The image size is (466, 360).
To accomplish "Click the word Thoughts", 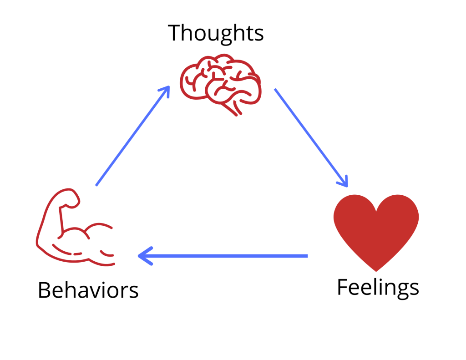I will [x=216, y=33].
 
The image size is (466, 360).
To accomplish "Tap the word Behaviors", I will [x=88, y=290].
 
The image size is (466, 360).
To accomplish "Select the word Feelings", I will [x=378, y=287].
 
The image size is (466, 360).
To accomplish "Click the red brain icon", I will [x=221, y=83].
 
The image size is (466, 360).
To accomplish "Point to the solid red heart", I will [x=376, y=230].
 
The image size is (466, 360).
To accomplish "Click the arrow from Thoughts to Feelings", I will [x=311, y=137].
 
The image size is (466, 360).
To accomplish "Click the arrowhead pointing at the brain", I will [x=166, y=90].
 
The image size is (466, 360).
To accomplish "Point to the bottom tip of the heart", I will [x=376, y=270].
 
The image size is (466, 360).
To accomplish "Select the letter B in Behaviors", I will [x=44, y=290].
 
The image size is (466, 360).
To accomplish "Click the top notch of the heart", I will [x=376, y=210].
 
